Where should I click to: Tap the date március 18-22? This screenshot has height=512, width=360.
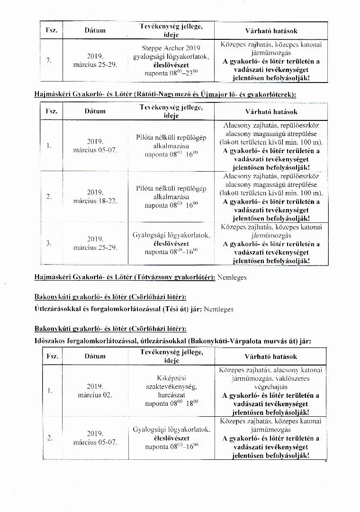tap(95, 201)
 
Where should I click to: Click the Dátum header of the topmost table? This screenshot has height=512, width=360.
tap(95, 30)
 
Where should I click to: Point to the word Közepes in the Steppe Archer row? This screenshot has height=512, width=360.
tap(234, 44)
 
